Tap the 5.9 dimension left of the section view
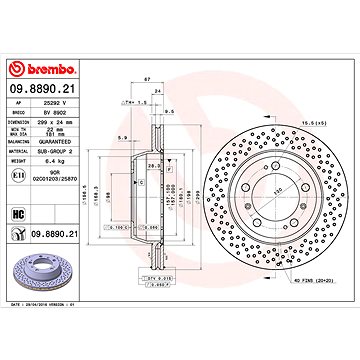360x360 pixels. tap(121, 137)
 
